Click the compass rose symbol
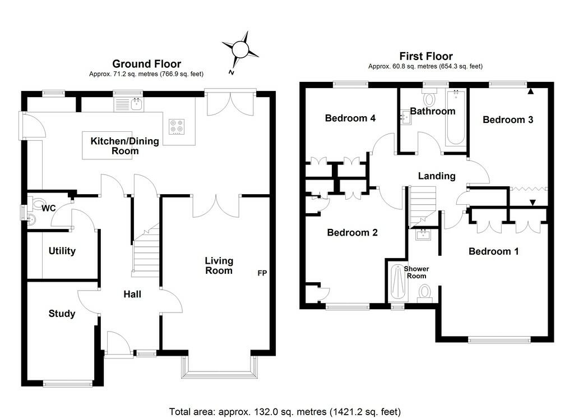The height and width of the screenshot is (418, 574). click(x=240, y=49)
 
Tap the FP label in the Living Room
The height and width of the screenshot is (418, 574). click(x=262, y=273)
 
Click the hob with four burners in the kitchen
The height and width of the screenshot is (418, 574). click(x=177, y=127)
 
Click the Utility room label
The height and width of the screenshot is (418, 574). click(x=62, y=251)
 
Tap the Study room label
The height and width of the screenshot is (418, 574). click(x=62, y=314)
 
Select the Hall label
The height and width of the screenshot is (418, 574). click(x=132, y=294)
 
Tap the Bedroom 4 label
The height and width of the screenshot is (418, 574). click(x=350, y=118)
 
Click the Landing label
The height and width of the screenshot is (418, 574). click(x=437, y=176)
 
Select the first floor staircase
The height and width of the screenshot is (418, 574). click(x=422, y=206)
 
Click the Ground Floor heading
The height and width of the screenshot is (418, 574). click(x=146, y=64)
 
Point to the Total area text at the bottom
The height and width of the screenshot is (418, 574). click(x=285, y=411)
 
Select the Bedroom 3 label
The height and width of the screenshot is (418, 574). click(x=508, y=120)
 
